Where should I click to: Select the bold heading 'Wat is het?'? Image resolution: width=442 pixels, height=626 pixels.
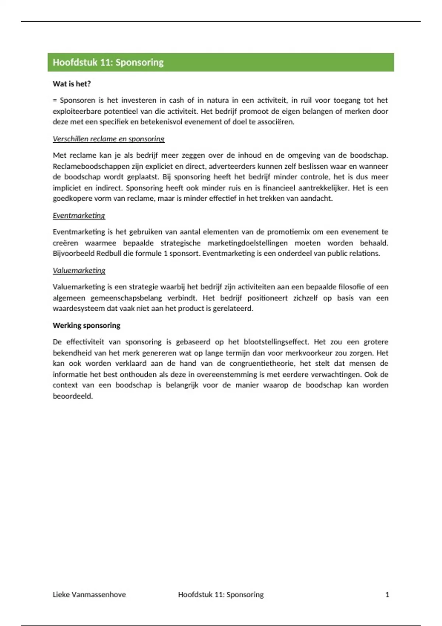(x=71, y=84)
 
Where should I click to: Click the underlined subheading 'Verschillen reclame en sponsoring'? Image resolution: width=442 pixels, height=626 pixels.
(x=108, y=139)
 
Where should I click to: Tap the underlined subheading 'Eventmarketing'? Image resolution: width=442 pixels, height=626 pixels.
(x=79, y=215)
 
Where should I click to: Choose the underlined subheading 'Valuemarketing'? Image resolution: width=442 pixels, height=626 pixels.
(x=79, y=270)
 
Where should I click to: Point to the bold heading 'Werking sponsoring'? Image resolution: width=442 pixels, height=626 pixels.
(x=86, y=326)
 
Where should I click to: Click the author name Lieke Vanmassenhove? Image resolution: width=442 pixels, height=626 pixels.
(x=89, y=594)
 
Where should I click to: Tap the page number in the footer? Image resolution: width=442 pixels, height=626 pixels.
(x=387, y=594)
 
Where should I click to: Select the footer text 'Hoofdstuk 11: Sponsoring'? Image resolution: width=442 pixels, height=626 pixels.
(x=221, y=594)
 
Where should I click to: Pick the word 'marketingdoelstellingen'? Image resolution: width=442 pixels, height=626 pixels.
(x=248, y=243)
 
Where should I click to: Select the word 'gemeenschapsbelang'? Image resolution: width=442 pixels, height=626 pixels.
(x=126, y=298)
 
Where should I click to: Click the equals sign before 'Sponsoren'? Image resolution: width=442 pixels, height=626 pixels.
(x=55, y=101)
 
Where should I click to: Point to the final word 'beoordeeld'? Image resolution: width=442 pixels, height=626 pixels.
(x=72, y=396)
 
